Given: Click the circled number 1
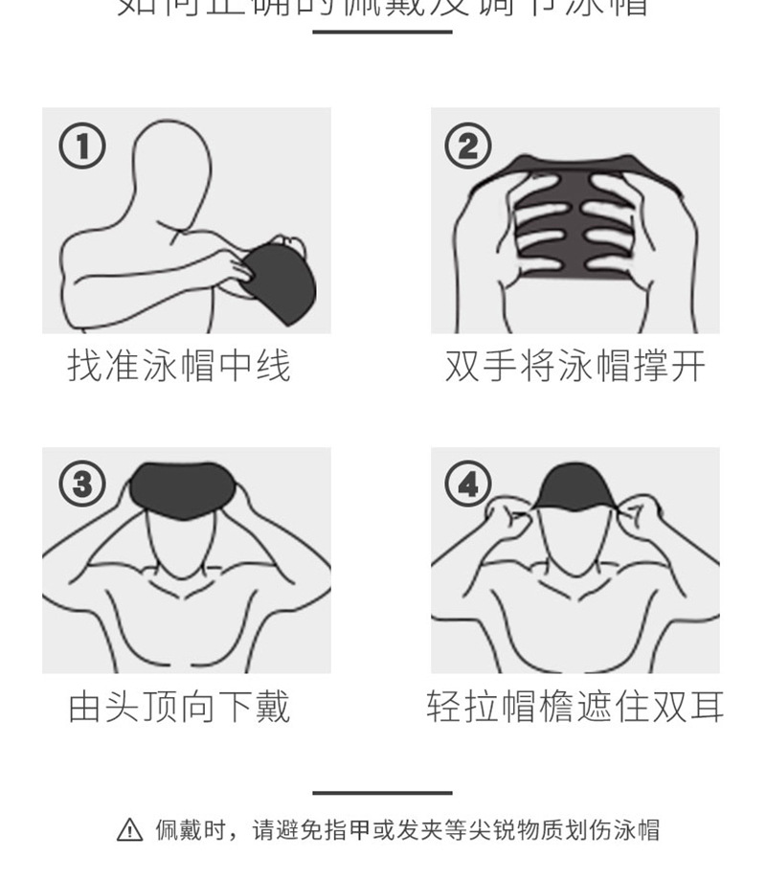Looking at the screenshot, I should pyautogui.click(x=81, y=146).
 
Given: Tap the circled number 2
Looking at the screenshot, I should pyautogui.click(x=467, y=146).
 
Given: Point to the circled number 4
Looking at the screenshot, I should pyautogui.click(x=467, y=485).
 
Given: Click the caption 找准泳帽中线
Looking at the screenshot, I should pyautogui.click(x=179, y=366).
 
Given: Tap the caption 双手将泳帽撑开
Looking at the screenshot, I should pyautogui.click(x=574, y=366).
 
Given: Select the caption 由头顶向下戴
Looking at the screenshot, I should pyautogui.click(x=179, y=708).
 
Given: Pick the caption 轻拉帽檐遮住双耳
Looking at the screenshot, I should pyautogui.click(x=574, y=708).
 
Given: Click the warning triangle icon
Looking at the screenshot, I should pyautogui.click(x=129, y=830).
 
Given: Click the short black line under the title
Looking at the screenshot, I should pyautogui.click(x=382, y=32).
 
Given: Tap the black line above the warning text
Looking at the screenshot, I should pyautogui.click(x=382, y=793).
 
